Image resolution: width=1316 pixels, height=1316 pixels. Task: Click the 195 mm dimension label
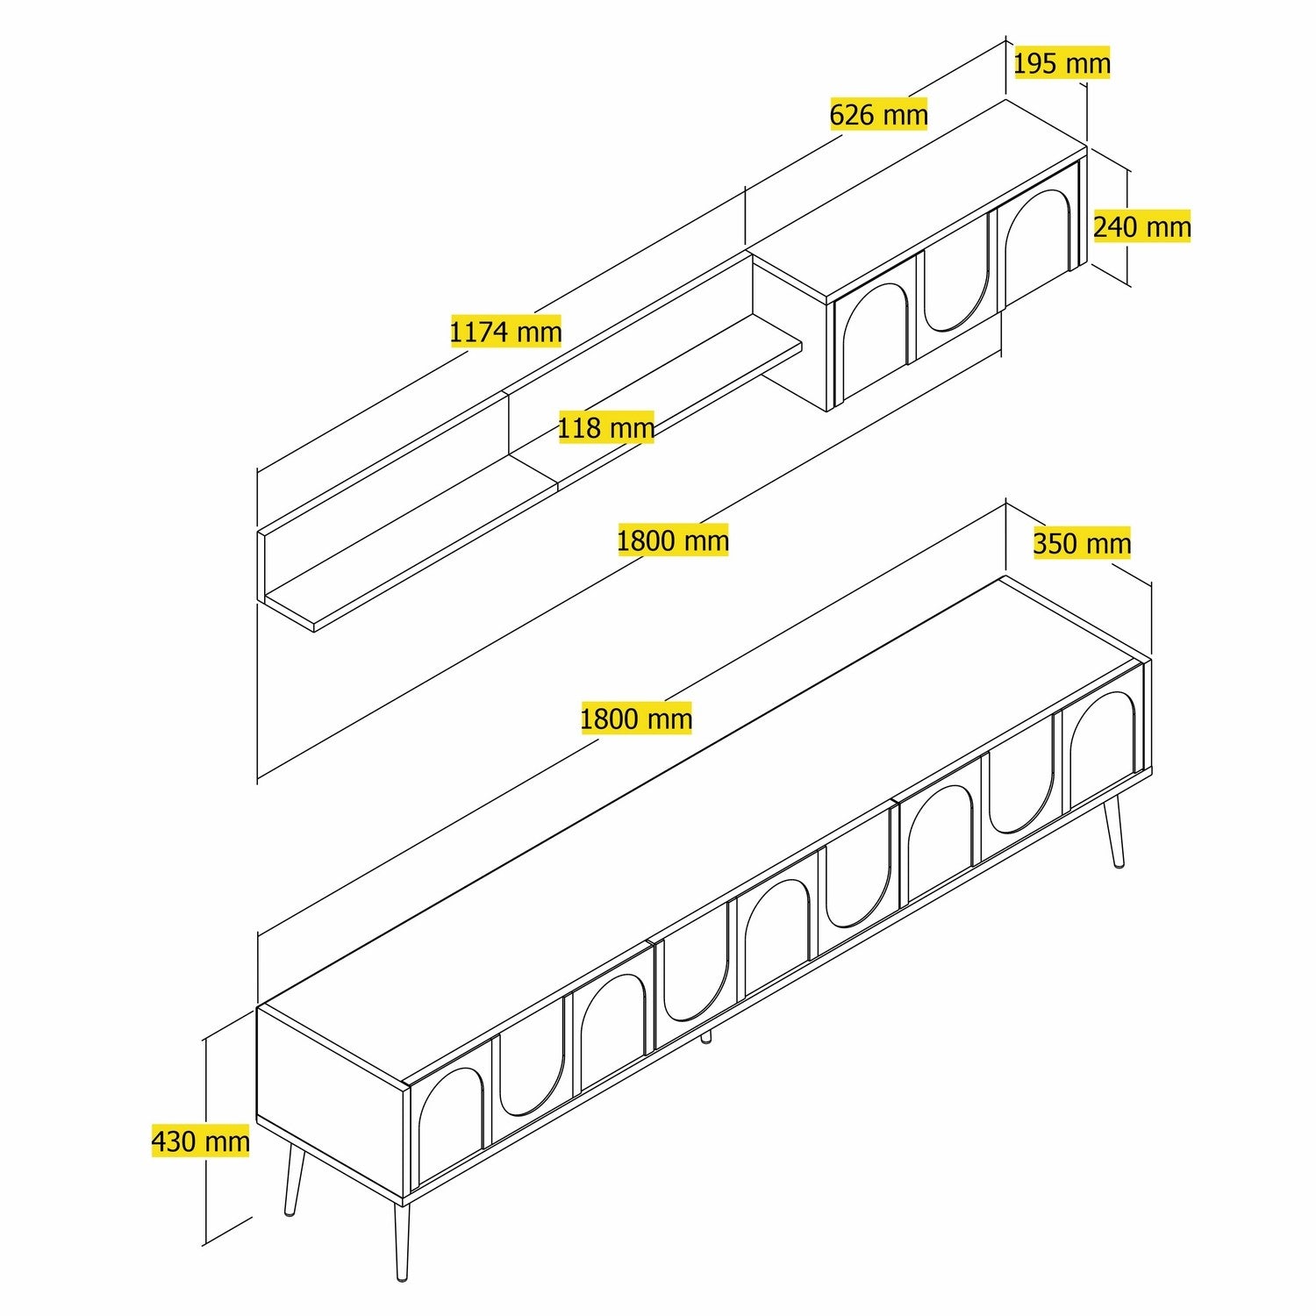[x=1062, y=63]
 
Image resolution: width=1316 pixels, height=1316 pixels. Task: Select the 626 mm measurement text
[x=878, y=114]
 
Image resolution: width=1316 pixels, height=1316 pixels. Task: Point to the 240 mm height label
[x=1141, y=227]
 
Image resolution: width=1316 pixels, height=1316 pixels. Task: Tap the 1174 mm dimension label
[x=505, y=332]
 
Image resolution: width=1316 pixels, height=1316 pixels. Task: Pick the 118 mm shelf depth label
[x=606, y=428]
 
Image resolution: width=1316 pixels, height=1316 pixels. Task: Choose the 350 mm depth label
[x=1082, y=543]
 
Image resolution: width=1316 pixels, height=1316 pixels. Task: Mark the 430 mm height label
[x=201, y=1141]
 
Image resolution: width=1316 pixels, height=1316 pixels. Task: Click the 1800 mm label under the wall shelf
[x=673, y=540]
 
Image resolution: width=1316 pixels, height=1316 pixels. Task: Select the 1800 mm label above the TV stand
[x=636, y=719]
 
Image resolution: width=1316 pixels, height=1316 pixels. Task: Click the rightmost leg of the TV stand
[x=1114, y=833]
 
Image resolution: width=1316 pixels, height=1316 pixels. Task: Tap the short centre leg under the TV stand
[x=705, y=1037]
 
